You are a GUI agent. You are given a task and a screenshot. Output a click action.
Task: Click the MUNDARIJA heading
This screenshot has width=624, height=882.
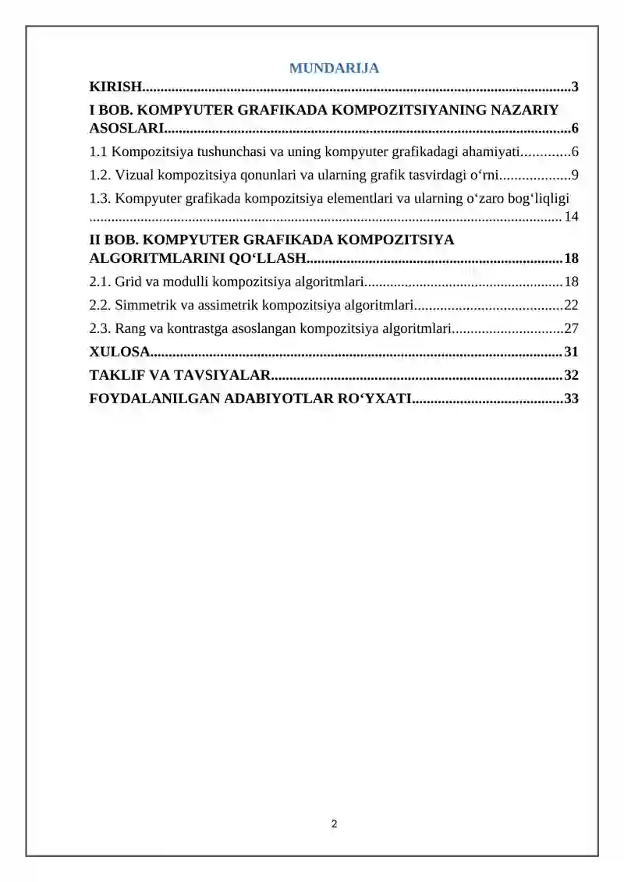tap(334, 68)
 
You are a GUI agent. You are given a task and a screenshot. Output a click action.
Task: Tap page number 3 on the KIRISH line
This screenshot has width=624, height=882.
tap(574, 87)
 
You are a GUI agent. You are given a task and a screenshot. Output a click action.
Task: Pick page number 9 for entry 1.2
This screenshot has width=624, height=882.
tap(574, 175)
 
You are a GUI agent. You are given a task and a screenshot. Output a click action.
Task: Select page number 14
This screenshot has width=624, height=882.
tap(571, 216)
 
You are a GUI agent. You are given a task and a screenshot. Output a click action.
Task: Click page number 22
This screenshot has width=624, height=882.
tap(571, 305)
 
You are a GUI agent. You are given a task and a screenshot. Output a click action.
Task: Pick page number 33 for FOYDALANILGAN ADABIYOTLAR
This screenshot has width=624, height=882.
tap(571, 398)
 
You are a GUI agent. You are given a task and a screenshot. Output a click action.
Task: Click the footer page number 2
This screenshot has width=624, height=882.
tap(334, 824)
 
